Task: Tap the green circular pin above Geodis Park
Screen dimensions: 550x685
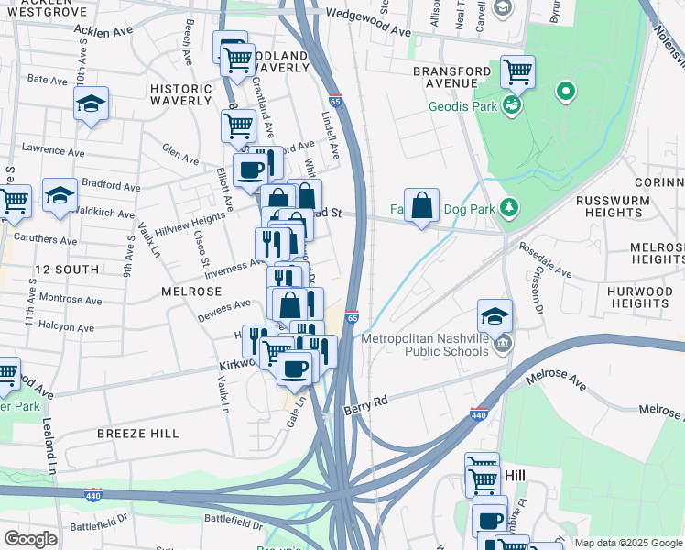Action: click(566, 91)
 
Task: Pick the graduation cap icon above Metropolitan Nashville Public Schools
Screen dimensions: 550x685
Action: click(495, 316)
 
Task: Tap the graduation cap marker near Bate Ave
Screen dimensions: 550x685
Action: click(91, 104)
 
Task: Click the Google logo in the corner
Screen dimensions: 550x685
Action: click(30, 539)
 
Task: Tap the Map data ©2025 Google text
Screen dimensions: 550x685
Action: click(627, 543)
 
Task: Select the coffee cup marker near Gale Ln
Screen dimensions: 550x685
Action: click(294, 368)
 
